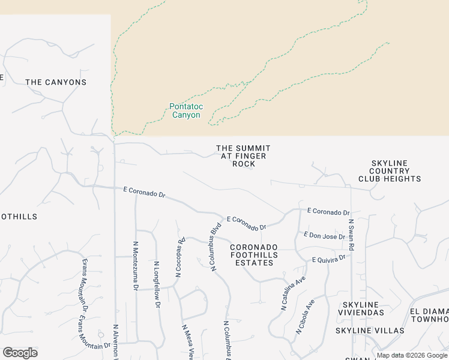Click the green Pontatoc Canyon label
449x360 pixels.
pyautogui.click(x=186, y=111)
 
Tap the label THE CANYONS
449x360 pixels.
pyautogui.click(x=56, y=82)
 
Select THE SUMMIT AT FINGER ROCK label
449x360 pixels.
pyautogui.click(x=243, y=156)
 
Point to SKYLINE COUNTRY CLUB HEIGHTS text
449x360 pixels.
pyautogui.click(x=390, y=171)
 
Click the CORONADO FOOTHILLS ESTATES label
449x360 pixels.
pyautogui.click(x=254, y=255)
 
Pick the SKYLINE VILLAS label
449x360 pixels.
pyautogui.click(x=370, y=331)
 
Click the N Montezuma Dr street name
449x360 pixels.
pyautogui.click(x=134, y=266)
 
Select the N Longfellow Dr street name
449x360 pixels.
pyautogui.click(x=157, y=284)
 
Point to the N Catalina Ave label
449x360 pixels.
pyautogui.click(x=293, y=293)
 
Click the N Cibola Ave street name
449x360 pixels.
pyautogui.click(x=305, y=317)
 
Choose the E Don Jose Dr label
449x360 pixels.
pyautogui.click(x=324, y=235)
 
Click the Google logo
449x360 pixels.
pyautogui.click(x=20, y=353)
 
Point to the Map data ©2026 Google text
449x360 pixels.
pyautogui.click(x=412, y=355)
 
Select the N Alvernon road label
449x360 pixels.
pyautogui.click(x=116, y=343)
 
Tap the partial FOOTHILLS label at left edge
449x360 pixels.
pyautogui.click(x=19, y=217)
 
